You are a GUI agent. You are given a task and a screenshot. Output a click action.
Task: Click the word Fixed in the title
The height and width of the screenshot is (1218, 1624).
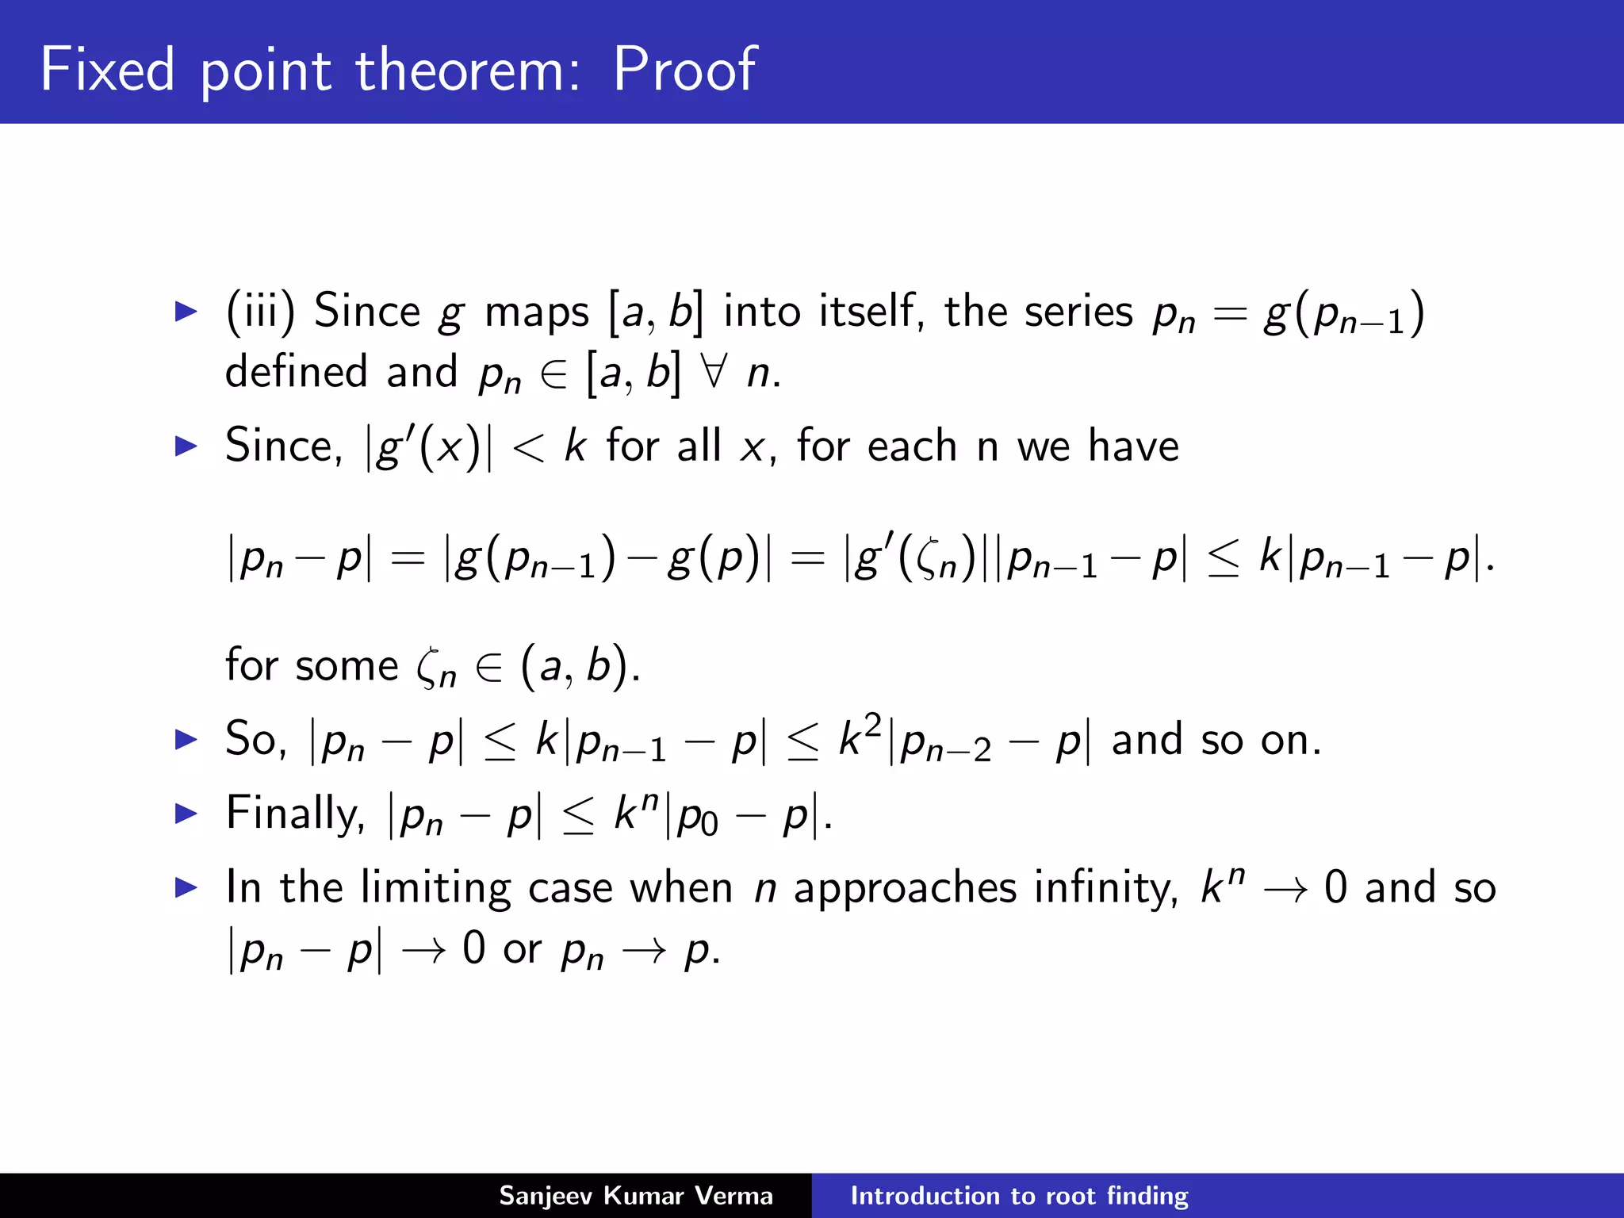pos(107,70)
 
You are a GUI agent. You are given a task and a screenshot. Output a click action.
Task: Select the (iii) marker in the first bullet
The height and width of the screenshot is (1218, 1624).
pos(260,311)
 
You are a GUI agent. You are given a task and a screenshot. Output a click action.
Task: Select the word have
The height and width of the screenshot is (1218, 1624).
pos(1133,446)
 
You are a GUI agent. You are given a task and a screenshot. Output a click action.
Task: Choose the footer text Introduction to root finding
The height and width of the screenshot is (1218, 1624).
pos(1019,1196)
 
